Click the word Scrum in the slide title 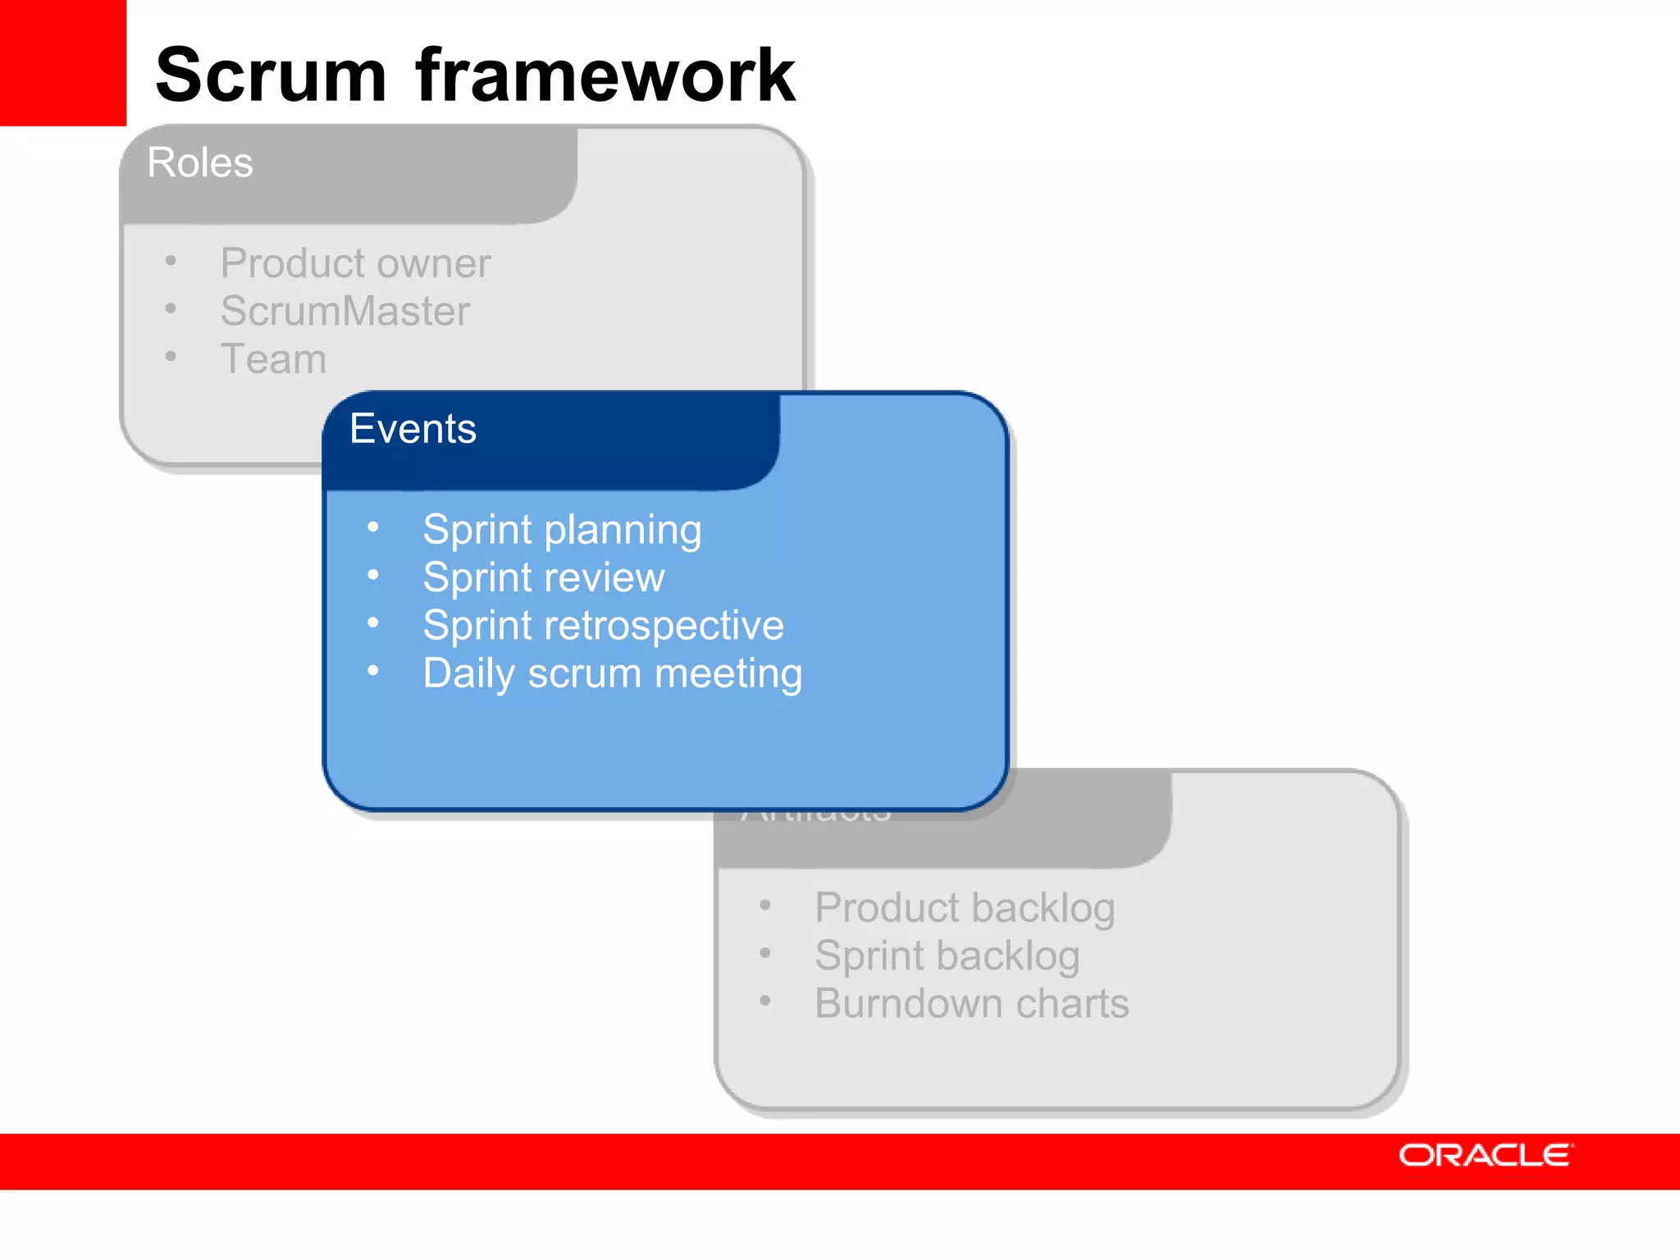[271, 75]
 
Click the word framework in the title [605, 75]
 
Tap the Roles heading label [200, 162]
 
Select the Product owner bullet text [355, 263]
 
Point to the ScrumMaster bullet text [345, 311]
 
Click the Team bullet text [273, 359]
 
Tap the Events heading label [413, 428]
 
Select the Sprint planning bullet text [562, 530]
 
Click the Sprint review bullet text [543, 577]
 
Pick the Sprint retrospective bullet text [603, 625]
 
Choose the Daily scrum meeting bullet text [612, 673]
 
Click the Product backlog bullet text [965, 908]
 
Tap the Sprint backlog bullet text [947, 956]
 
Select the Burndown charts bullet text [971, 1003]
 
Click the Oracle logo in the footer [1485, 1155]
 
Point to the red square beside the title [62, 62]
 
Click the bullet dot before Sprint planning [373, 527]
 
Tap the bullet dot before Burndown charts [765, 1001]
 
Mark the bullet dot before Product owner [171, 261]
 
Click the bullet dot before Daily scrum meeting [373, 671]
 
